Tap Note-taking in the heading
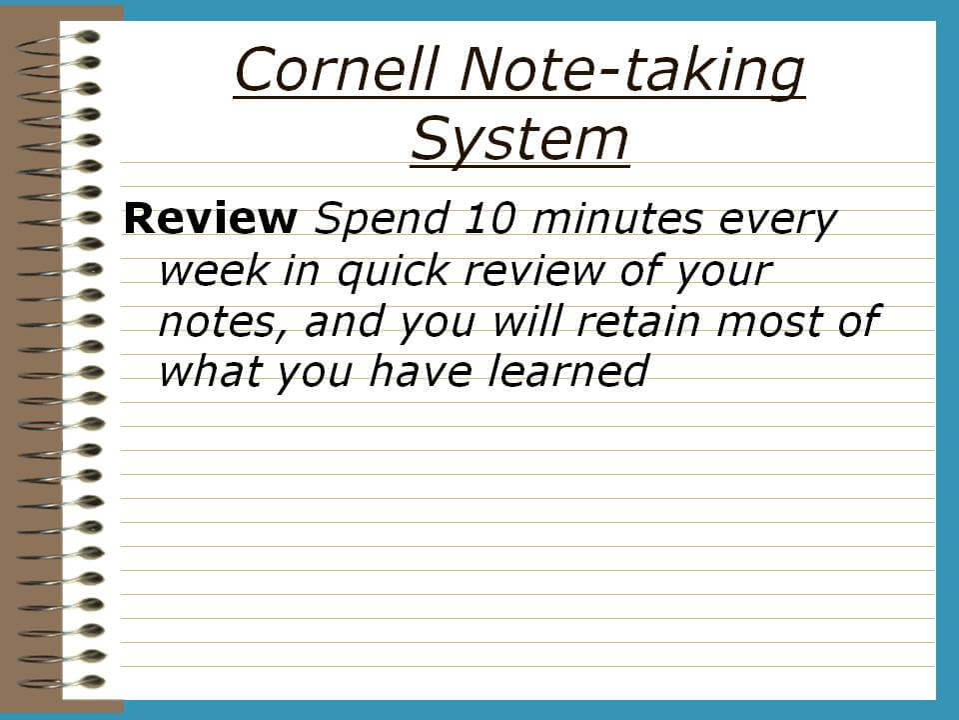click(632, 72)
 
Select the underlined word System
click(519, 140)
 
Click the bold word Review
click(210, 218)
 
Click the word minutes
click(617, 219)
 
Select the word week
click(214, 269)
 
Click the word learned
click(567, 371)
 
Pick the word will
click(526, 321)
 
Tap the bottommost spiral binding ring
click(60, 683)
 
